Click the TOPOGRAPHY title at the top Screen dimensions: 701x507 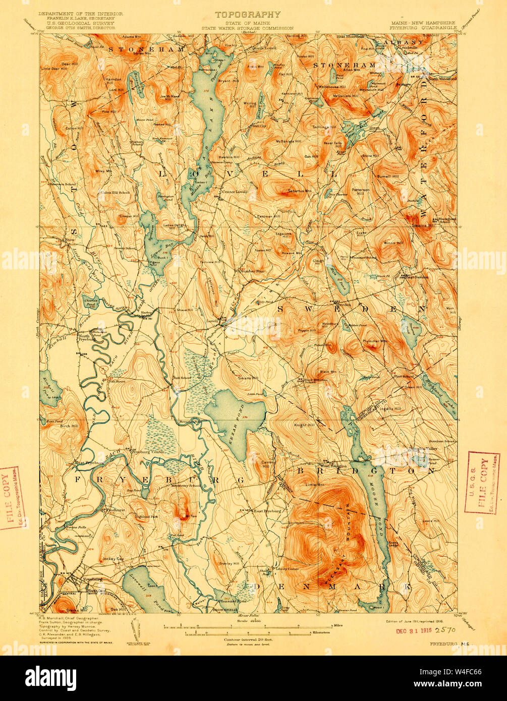(247, 15)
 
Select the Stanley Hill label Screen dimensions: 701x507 (229, 564)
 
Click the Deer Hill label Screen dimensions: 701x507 (68, 65)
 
